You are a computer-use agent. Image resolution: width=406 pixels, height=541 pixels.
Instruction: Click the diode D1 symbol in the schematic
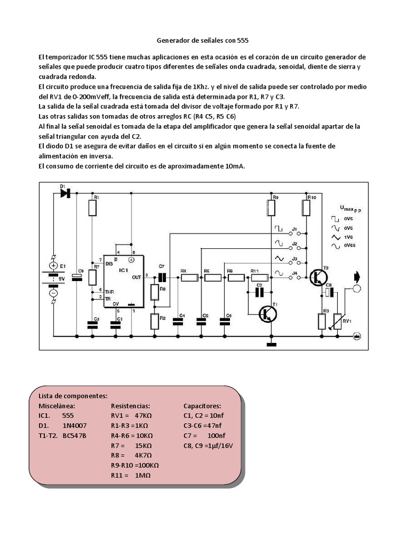pyautogui.click(x=66, y=193)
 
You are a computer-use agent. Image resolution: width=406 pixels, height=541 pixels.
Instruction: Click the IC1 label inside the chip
pyautogui.click(x=124, y=270)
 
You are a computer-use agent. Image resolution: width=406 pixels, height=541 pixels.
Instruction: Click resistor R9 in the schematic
pyautogui.click(x=272, y=208)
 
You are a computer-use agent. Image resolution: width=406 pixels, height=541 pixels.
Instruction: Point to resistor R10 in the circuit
pyautogui.click(x=306, y=208)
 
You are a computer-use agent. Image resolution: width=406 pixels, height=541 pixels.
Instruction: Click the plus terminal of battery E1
pyautogui.click(x=53, y=265)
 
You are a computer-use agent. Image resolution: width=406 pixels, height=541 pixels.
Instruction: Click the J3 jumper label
pyautogui.click(x=295, y=259)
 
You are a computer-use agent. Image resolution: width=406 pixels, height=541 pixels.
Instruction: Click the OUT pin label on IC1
pyautogui.click(x=137, y=276)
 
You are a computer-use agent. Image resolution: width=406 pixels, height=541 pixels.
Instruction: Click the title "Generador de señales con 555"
pyautogui.click(x=203, y=40)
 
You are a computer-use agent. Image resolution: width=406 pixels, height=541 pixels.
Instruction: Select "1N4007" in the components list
pyautogui.click(x=75, y=425)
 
